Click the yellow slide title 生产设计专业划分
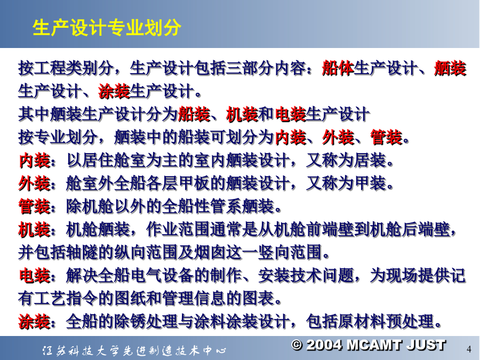click(x=107, y=28)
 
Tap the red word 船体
click(x=338, y=68)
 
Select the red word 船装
click(x=194, y=114)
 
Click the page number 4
click(x=469, y=349)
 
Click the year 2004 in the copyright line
click(x=324, y=345)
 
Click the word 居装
click(x=370, y=160)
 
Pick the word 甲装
click(x=370, y=183)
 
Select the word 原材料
click(x=362, y=322)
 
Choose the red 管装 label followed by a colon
click(x=38, y=206)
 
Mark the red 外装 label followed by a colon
click(x=38, y=183)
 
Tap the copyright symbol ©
click(x=297, y=345)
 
